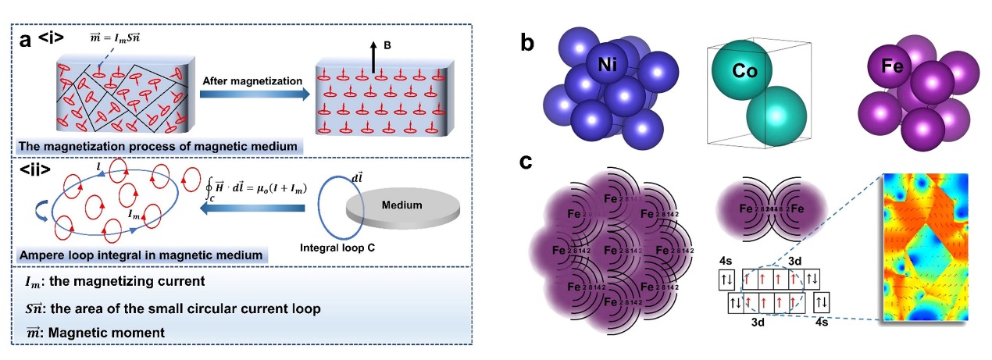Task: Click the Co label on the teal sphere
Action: tap(730, 70)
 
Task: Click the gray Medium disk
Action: tap(398, 208)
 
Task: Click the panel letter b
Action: tap(528, 45)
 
